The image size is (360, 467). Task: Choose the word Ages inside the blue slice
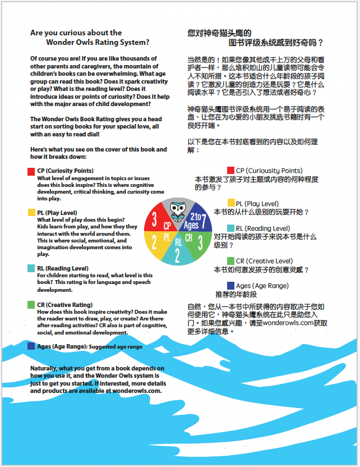pyautogui.click(x=191, y=226)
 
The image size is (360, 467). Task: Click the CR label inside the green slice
pyautogui.click(x=189, y=238)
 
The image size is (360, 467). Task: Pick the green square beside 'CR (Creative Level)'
pyautogui.click(x=231, y=261)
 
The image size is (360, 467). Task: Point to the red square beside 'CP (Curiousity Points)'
pyautogui.click(x=230, y=171)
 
